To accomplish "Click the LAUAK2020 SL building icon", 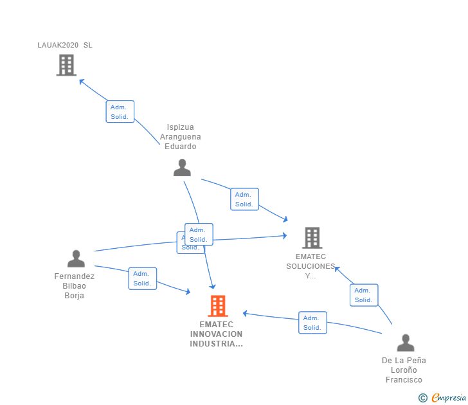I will coord(66,65).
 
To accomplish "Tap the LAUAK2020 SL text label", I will coord(65,45).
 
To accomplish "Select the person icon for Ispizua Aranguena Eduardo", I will coord(183,167).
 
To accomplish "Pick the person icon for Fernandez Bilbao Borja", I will coord(76,258).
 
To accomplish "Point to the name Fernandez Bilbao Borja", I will coord(75,286).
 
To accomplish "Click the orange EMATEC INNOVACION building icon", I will coord(218,306).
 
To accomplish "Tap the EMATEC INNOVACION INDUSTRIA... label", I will coord(217,334).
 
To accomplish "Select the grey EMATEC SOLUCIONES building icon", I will coord(312,238).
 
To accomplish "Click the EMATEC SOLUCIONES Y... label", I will coord(311,266).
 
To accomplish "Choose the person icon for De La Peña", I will coord(405,343).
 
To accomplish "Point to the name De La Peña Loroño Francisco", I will coord(404,370).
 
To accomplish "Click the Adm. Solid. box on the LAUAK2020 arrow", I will coord(120,112).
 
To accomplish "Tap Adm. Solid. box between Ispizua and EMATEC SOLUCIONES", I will coord(244,199).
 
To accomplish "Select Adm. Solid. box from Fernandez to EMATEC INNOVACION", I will coord(142,278).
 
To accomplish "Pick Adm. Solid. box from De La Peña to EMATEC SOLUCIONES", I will coord(364,295).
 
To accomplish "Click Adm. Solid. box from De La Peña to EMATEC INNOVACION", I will coord(312,323).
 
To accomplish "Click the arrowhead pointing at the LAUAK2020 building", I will coord(81,81).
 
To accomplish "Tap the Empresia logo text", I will coord(448,397).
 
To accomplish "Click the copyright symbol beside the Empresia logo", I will coord(423,398).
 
